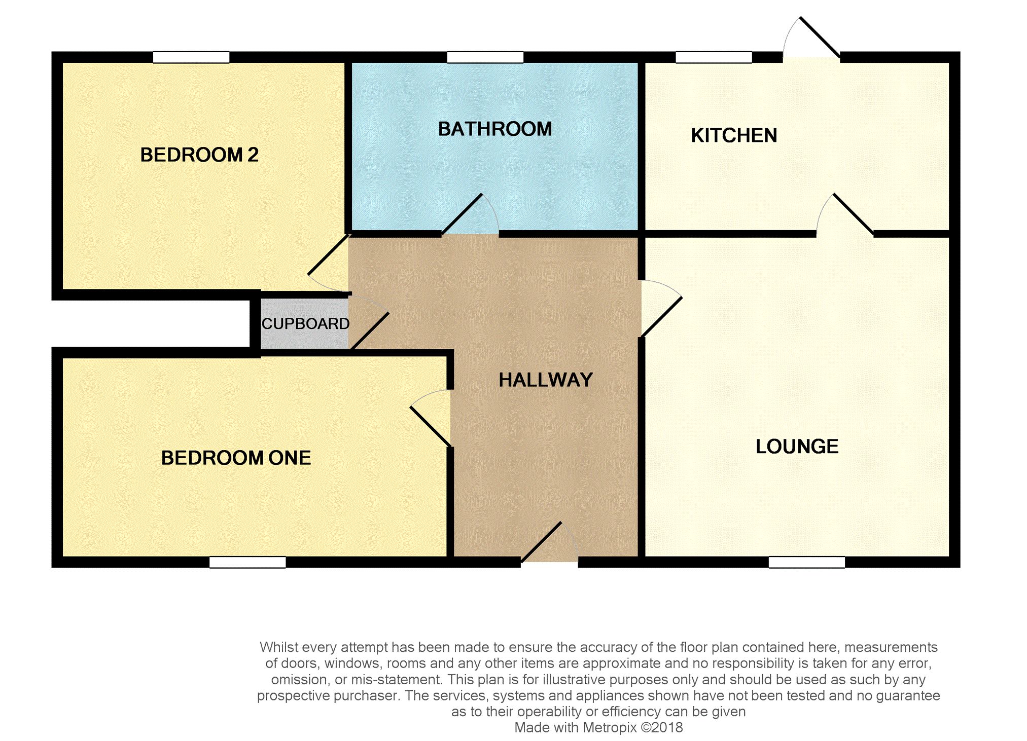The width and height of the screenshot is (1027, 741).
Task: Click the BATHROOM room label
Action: (x=495, y=129)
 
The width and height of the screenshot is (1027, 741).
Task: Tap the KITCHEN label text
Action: (x=734, y=136)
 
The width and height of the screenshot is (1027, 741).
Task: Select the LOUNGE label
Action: (x=797, y=447)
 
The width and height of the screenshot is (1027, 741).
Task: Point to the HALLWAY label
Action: (x=546, y=380)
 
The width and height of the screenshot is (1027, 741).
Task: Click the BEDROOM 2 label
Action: (x=199, y=155)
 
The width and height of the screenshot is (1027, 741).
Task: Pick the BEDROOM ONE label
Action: (x=236, y=458)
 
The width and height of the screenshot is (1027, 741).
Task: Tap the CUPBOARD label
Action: (x=305, y=324)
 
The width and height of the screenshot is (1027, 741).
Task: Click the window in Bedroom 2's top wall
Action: (x=191, y=57)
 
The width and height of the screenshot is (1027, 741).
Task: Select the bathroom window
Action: (x=485, y=57)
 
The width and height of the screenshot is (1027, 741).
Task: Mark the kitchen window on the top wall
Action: (x=714, y=57)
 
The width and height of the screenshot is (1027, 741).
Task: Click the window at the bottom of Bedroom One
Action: (x=247, y=562)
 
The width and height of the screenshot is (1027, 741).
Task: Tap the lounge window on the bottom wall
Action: (x=806, y=562)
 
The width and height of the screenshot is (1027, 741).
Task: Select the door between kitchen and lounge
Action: (x=853, y=214)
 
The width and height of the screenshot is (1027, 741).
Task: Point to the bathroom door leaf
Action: (x=462, y=214)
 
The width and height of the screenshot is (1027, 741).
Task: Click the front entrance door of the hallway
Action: (x=541, y=542)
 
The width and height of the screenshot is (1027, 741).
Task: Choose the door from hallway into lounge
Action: (x=661, y=317)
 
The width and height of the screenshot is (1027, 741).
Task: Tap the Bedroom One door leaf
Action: (x=431, y=426)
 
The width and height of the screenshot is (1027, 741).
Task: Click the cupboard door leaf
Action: (x=370, y=330)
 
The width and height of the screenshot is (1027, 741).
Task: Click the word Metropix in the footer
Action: (x=610, y=728)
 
